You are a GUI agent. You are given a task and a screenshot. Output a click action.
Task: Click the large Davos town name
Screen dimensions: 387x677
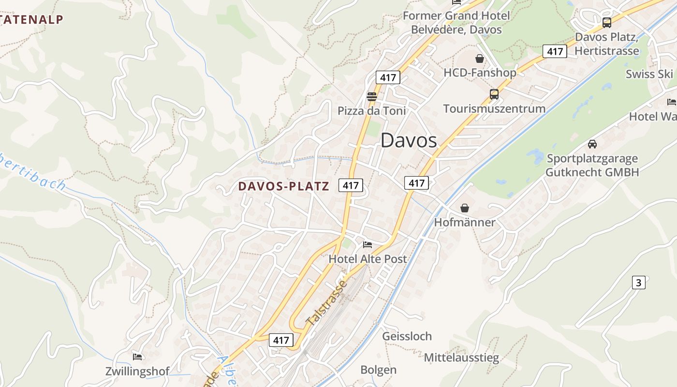[x=409, y=140]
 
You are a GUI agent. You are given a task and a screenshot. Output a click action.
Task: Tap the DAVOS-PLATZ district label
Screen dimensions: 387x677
[x=284, y=186]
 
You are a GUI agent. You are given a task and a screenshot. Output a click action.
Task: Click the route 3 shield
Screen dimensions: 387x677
[x=638, y=283]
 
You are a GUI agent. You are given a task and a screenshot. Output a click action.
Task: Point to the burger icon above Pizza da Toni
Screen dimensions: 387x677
[x=371, y=96]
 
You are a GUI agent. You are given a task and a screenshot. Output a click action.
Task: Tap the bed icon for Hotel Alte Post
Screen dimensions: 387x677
[x=368, y=245]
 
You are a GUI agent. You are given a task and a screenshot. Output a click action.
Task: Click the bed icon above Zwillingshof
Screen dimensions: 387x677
[x=137, y=357]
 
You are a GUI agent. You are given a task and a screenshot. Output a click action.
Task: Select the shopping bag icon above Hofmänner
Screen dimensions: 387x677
[x=464, y=208]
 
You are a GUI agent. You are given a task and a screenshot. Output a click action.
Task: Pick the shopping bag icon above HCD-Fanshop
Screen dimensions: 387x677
[x=479, y=59]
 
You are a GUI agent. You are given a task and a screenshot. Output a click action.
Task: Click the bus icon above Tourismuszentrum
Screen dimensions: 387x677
[x=494, y=94]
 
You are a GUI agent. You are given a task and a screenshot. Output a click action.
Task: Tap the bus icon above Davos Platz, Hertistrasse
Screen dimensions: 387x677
[x=606, y=22]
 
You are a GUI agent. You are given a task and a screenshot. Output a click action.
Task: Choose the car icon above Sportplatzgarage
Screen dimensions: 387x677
[x=592, y=144]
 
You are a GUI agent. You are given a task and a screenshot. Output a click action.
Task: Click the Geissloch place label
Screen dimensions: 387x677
[x=407, y=336]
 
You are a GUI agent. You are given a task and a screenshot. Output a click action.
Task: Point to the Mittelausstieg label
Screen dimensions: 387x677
[x=461, y=358]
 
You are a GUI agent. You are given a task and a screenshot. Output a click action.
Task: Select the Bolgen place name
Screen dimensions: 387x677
[x=379, y=370]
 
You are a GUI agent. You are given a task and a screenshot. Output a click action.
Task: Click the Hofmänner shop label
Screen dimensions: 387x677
[x=465, y=223]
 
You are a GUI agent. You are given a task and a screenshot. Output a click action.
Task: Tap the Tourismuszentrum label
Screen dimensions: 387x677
[x=494, y=108]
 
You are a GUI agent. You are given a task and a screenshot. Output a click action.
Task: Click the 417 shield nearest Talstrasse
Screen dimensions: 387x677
[x=280, y=340]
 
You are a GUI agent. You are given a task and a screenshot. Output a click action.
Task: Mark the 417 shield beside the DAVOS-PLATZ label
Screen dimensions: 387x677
[x=351, y=185]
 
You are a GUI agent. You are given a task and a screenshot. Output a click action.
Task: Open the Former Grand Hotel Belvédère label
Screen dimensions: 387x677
[x=456, y=22]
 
